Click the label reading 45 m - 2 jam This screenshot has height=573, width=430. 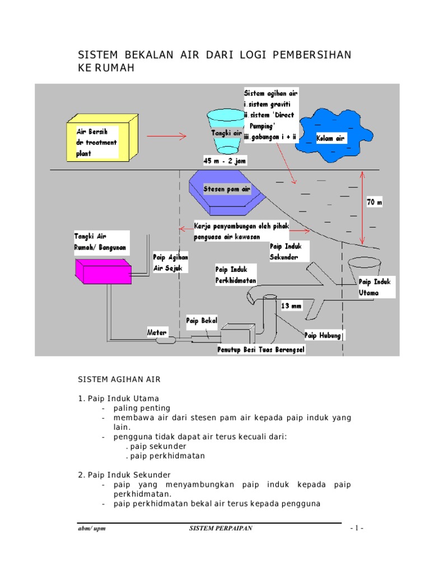click(x=225, y=161)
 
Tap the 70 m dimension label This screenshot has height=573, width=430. click(x=374, y=203)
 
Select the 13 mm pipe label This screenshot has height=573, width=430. click(x=292, y=306)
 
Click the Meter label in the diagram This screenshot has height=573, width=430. click(x=157, y=332)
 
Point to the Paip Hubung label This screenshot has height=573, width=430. click(x=323, y=335)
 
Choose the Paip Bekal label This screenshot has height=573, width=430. click(x=202, y=321)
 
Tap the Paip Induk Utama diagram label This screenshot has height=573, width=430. click(x=377, y=287)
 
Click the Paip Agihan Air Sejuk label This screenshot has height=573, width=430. click(x=171, y=262)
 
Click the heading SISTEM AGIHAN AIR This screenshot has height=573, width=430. click(x=119, y=379)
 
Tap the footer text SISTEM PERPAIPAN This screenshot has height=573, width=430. click(x=220, y=528)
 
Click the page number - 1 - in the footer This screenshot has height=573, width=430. click(x=357, y=528)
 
